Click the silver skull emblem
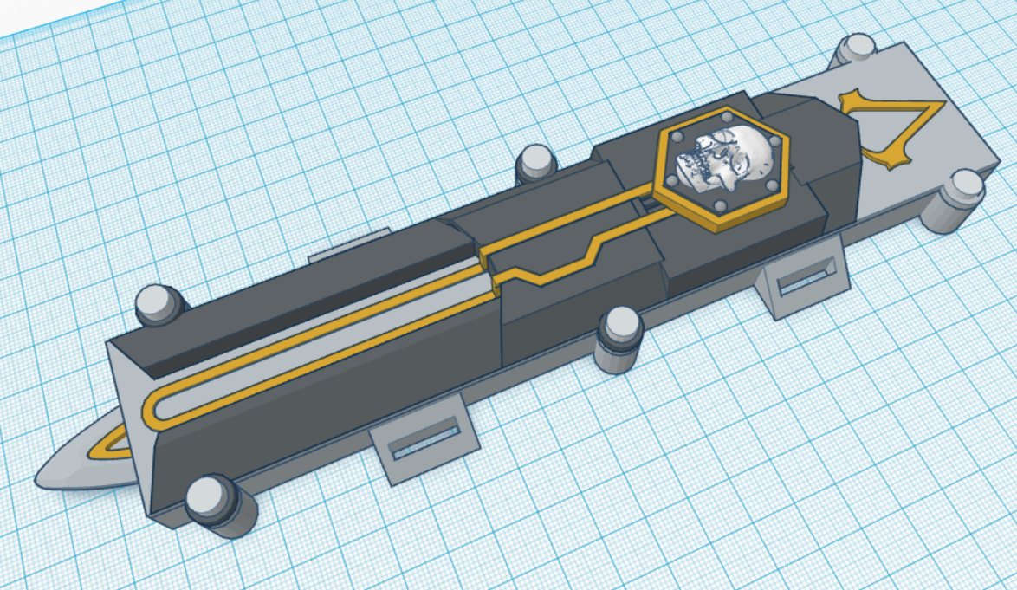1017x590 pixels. [x=728, y=161]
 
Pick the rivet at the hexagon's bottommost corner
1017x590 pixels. [x=719, y=204]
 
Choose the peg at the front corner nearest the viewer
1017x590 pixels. [x=208, y=502]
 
